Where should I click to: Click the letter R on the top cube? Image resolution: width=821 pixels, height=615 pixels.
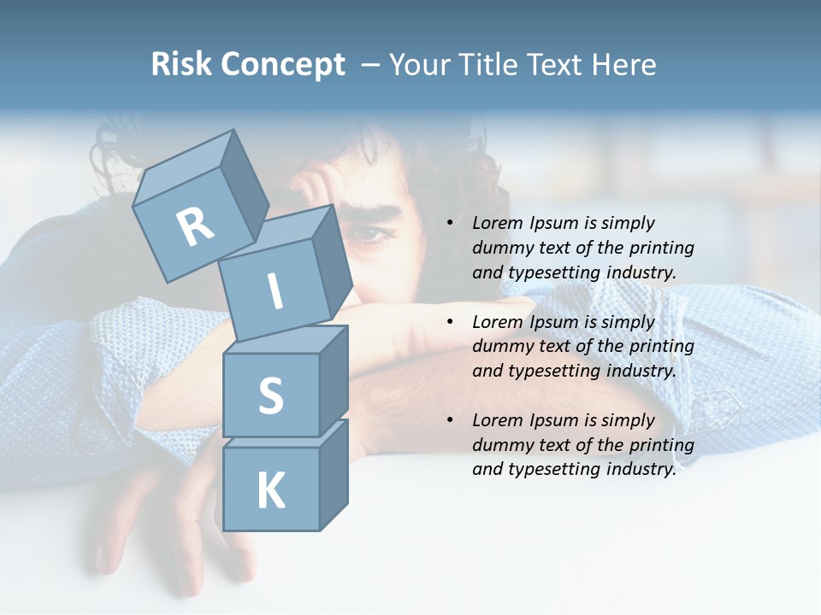[195, 227]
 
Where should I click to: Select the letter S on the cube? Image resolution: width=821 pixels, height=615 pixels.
[270, 395]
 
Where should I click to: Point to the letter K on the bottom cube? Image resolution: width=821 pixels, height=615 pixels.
[270, 491]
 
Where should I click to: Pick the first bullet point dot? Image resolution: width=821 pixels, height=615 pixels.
[450, 223]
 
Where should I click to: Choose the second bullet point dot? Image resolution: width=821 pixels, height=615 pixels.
[450, 322]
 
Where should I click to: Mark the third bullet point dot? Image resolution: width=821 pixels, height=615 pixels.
[450, 420]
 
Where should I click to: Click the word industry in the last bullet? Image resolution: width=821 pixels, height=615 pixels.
[641, 469]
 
